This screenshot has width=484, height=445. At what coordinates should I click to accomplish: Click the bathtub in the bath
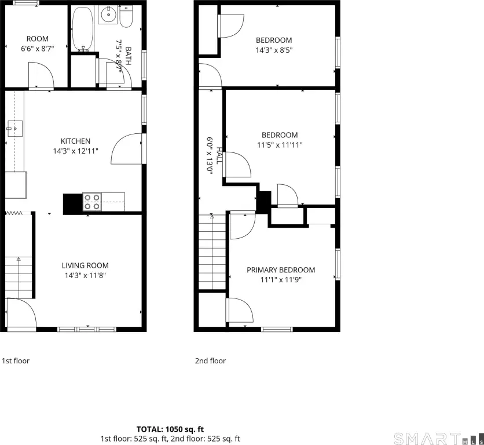(x=82, y=29)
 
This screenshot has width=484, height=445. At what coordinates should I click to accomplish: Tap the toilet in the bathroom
(x=126, y=17)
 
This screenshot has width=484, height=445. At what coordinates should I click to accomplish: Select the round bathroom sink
(x=108, y=14)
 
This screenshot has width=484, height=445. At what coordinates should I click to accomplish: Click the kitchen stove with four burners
(x=92, y=202)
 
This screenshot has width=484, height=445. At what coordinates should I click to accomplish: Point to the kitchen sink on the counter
(x=14, y=129)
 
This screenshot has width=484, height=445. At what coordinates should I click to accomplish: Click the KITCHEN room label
(x=76, y=141)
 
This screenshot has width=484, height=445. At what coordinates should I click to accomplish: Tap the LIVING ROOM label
(x=85, y=265)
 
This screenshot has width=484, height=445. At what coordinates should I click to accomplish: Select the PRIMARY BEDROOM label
(x=281, y=270)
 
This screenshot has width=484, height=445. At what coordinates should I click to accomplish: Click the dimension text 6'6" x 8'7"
(x=38, y=49)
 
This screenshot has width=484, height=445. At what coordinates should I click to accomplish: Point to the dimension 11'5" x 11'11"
(x=280, y=145)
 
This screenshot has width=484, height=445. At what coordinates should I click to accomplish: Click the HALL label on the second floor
(x=219, y=156)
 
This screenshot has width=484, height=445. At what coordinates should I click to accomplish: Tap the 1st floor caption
(x=16, y=360)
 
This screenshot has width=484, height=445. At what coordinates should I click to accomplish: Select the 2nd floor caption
(x=210, y=360)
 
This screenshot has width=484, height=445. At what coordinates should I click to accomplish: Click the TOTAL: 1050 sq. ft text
(x=170, y=429)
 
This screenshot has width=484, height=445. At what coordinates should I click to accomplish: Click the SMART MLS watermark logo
(x=438, y=439)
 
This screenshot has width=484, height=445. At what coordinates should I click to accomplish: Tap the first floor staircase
(x=19, y=277)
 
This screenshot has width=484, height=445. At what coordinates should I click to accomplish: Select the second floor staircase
(x=212, y=252)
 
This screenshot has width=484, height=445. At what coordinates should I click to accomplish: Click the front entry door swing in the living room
(x=21, y=312)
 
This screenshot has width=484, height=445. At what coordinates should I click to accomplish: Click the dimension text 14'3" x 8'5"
(x=274, y=50)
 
